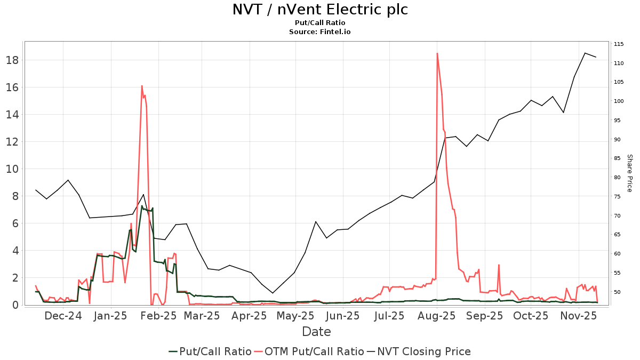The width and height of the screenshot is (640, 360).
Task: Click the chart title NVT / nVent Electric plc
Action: [320, 10]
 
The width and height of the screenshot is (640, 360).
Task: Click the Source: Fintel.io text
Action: [320, 32]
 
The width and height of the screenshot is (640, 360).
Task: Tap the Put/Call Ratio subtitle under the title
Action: [320, 23]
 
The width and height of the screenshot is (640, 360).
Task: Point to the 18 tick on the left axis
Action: [13, 60]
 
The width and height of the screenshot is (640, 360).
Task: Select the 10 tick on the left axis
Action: [13, 169]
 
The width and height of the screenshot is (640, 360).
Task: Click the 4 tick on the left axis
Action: [16, 251]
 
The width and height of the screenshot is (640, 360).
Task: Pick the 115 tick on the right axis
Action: [619, 44]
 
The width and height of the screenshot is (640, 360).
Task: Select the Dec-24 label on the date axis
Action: [63, 316]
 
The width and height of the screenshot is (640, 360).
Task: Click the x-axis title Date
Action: [316, 332]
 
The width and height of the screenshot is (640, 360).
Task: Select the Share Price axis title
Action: [629, 173]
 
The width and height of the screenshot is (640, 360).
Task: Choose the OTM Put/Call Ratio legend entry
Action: [314, 351]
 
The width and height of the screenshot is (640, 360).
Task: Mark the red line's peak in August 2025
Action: [437, 53]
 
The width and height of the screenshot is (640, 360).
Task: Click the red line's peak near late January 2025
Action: [142, 86]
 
